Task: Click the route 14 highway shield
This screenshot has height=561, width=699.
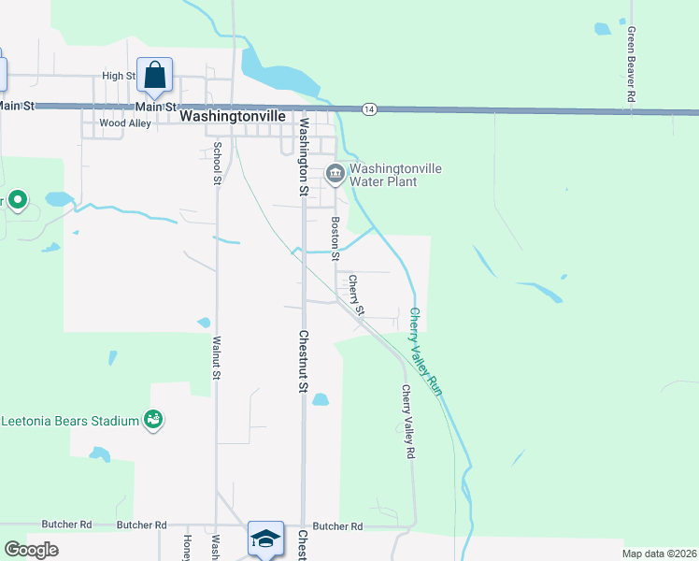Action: coord(370,109)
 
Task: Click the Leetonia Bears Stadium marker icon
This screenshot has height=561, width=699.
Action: coord(153,421)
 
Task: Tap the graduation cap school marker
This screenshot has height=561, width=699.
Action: coord(265,539)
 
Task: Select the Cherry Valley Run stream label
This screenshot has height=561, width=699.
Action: coord(423,352)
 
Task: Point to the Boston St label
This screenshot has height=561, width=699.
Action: coord(335,234)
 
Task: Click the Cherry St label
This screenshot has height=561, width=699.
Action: coord(356,294)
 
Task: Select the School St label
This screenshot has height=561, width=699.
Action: coord(216,162)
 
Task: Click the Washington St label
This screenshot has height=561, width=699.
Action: coord(303,156)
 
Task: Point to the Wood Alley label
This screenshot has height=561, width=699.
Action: coord(124,122)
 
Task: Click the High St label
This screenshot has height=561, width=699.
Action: coord(119,77)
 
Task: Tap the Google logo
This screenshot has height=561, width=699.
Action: coord(31,550)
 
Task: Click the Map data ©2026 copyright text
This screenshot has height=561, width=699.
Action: coord(659,554)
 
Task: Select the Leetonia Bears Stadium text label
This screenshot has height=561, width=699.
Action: coord(69,421)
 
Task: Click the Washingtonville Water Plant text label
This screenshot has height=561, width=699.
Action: coord(394,175)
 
